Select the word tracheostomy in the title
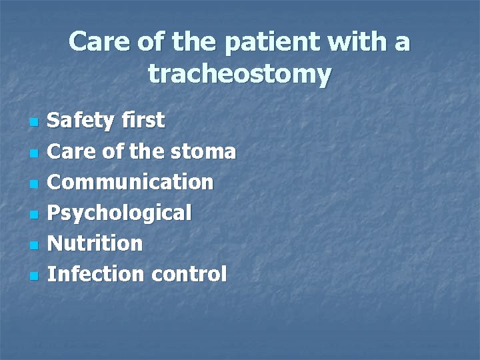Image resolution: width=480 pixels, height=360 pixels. point(239,74)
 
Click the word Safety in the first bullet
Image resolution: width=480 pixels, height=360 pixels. point(82,121)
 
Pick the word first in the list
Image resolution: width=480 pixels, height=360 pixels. point(143,121)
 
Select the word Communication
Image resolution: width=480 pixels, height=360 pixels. point(131,182)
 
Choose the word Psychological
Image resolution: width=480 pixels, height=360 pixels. point(120,213)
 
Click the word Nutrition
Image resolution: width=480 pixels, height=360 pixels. point(96,243)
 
